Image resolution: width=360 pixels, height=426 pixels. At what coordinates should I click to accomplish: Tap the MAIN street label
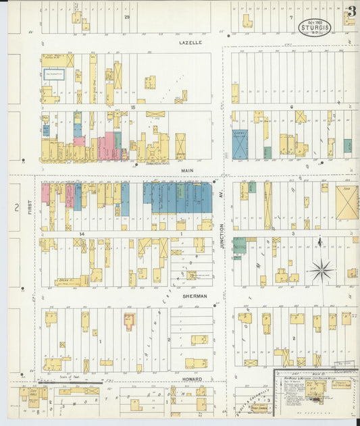[186, 171]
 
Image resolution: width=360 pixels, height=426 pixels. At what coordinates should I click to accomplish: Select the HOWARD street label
[191, 379]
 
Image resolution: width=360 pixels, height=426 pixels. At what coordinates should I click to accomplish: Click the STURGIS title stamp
[315, 27]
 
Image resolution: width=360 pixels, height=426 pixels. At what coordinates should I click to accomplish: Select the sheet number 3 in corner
[351, 11]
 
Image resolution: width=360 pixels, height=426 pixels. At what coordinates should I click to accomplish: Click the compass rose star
[321, 271]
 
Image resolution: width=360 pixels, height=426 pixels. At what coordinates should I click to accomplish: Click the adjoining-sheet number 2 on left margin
[16, 207]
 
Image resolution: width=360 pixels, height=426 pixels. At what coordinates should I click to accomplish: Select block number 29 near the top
[126, 16]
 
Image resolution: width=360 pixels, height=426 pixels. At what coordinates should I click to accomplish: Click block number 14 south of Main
[80, 233]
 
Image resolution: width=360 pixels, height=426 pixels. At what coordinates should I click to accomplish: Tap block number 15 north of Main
[133, 107]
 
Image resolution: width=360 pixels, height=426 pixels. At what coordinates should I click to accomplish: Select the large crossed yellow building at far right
[346, 203]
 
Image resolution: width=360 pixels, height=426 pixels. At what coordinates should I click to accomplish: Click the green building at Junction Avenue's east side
[239, 244]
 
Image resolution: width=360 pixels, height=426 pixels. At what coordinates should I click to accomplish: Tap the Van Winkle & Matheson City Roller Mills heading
[315, 379]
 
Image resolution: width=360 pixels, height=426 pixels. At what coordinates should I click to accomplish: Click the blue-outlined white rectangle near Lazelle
[54, 74]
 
